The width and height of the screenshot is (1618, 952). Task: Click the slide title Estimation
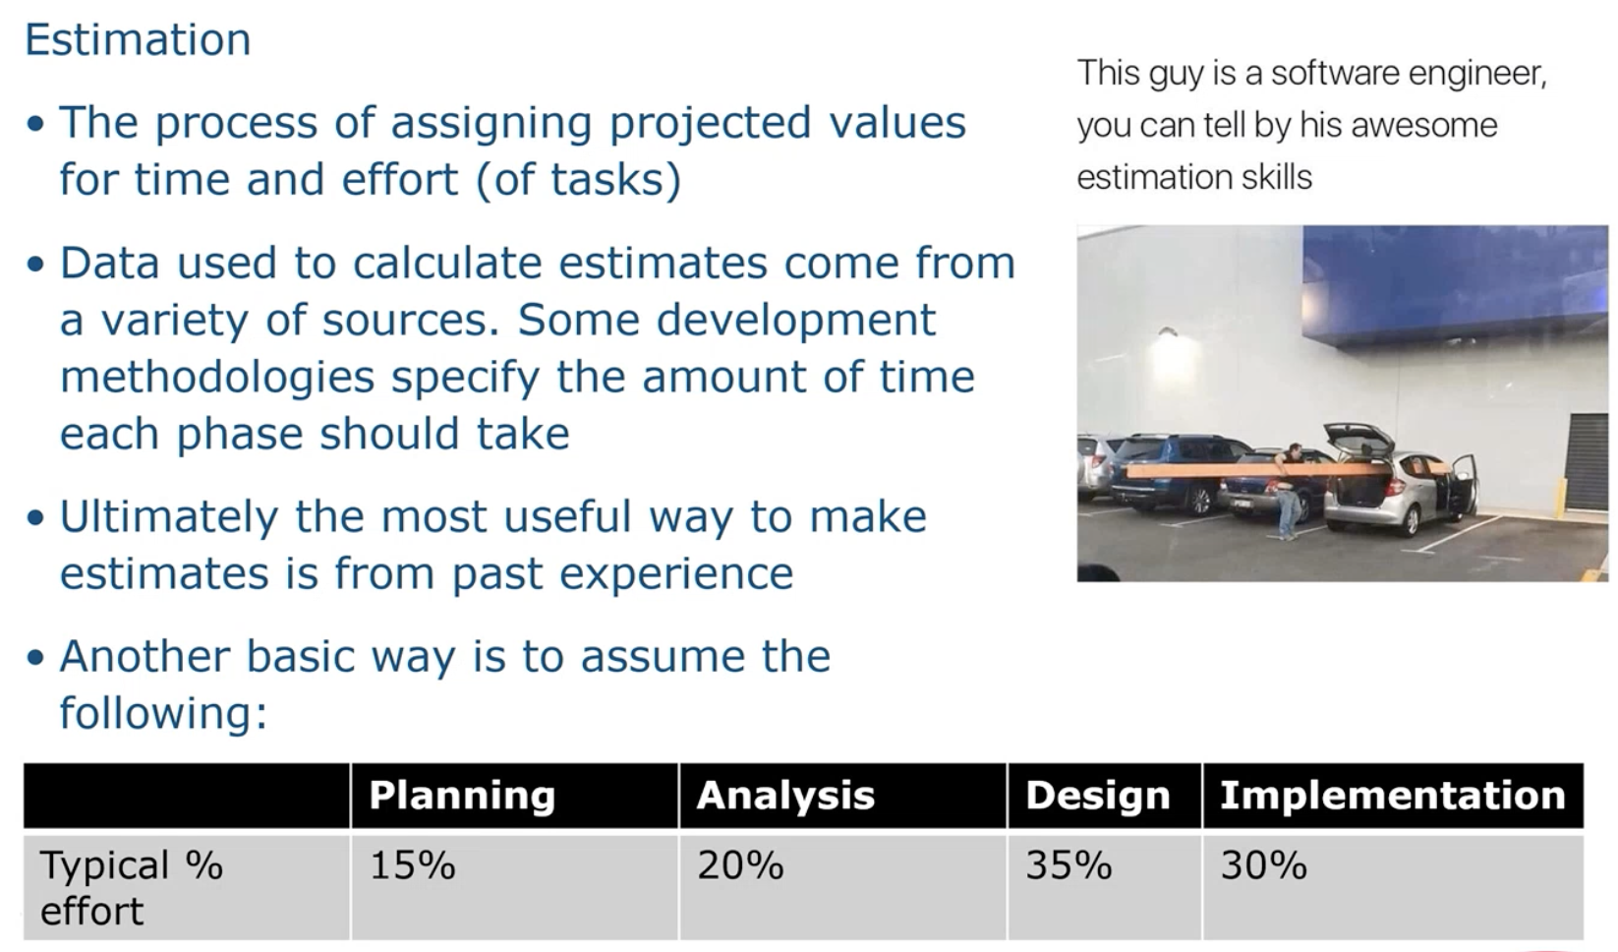point(138,39)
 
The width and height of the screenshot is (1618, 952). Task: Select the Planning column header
point(462,796)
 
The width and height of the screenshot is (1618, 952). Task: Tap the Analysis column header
point(785,796)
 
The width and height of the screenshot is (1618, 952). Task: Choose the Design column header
point(1098,796)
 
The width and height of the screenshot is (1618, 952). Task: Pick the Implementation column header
point(1393,796)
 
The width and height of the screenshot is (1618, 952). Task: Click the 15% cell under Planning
point(413,865)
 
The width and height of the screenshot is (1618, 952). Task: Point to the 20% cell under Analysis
point(740,865)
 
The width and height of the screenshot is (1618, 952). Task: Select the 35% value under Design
point(1069,865)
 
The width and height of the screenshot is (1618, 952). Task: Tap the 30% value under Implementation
point(1264,865)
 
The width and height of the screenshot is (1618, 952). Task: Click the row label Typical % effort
point(132,887)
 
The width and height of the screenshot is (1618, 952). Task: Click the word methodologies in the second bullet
point(217,378)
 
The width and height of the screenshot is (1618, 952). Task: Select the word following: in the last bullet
point(164,713)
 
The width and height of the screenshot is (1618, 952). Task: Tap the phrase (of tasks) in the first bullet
point(579,180)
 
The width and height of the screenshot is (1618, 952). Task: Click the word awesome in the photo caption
point(1424,125)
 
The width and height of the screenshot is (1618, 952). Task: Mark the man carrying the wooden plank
point(1290,492)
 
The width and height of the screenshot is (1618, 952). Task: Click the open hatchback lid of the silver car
point(1358,439)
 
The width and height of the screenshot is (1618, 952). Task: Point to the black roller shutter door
point(1588,460)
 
